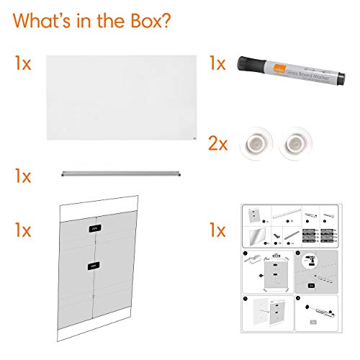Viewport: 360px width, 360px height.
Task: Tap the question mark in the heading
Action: coord(166,19)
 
